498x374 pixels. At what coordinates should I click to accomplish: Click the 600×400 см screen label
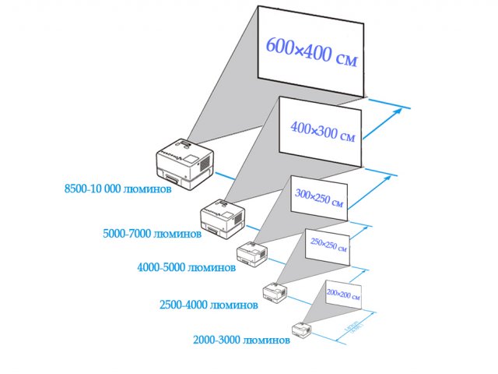coord(311,53)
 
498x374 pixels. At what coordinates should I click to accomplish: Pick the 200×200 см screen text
coord(345,294)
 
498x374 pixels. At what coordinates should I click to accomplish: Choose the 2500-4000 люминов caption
coord(208,305)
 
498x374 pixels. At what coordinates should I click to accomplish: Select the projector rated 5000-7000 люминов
coord(224,219)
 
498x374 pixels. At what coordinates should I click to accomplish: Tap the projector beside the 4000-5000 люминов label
coord(251,252)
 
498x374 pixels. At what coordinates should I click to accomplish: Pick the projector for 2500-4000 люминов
coord(275,291)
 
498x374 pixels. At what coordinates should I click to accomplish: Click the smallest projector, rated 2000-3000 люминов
coord(302,329)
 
